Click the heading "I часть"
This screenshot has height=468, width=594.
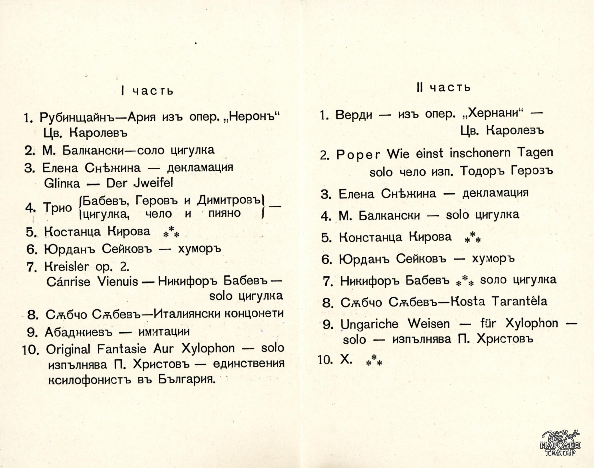tap(147, 91)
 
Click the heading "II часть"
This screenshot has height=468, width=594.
tap(443, 87)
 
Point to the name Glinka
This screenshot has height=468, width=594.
tap(62, 183)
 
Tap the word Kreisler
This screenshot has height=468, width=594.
tap(66, 267)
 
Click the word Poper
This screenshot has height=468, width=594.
tap(358, 155)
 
